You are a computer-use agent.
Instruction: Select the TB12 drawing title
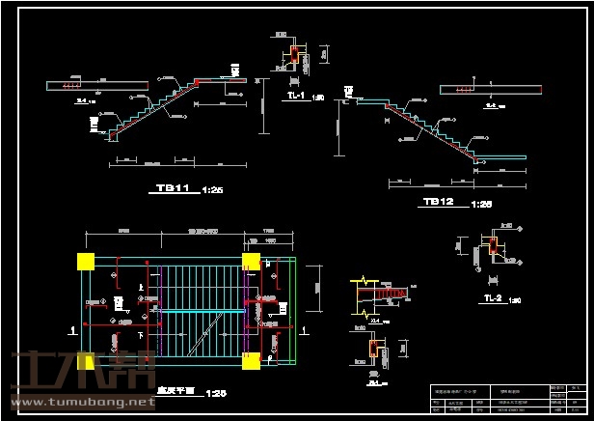click(x=438, y=202)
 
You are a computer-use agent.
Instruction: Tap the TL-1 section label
click(x=295, y=97)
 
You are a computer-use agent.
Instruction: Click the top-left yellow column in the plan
click(x=85, y=261)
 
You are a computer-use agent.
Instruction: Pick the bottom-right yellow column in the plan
click(x=252, y=361)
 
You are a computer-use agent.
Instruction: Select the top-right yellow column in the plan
click(x=252, y=261)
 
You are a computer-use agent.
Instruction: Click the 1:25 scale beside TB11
click(x=212, y=190)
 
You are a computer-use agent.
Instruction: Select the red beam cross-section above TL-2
click(x=495, y=247)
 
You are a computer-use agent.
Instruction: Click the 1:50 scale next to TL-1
click(x=317, y=98)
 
